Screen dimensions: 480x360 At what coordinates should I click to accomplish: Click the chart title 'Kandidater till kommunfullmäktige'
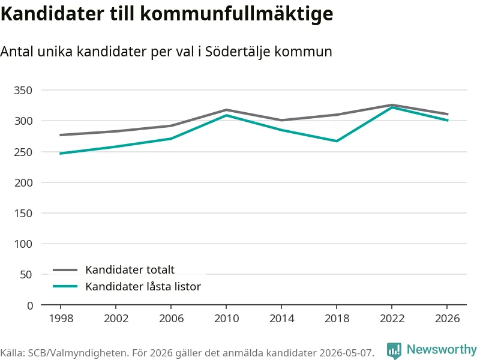point(167,14)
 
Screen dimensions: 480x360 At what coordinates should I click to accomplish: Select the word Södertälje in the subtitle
point(237,51)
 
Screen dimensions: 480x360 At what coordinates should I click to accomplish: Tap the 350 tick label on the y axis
point(23,91)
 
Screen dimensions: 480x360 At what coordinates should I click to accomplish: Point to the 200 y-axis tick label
point(23,182)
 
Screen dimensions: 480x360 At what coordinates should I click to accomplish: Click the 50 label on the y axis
point(26,275)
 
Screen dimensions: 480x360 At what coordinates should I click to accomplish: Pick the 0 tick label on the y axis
point(29,305)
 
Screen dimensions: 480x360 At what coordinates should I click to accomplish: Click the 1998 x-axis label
point(61,319)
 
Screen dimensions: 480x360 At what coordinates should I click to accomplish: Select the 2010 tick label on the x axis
point(227,319)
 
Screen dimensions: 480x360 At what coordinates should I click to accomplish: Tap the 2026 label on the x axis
point(447,319)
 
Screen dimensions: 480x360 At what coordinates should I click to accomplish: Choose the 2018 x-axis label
point(337,319)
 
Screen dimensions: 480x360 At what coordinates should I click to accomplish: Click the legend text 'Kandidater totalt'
point(130,269)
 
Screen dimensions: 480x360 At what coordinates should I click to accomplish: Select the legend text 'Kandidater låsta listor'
point(143,287)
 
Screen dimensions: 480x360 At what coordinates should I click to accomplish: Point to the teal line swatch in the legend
point(65,287)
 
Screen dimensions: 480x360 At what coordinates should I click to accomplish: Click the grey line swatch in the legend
point(65,270)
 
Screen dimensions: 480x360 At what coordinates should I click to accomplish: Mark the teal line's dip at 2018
point(337,141)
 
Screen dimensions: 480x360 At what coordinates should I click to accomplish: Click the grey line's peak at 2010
point(226,110)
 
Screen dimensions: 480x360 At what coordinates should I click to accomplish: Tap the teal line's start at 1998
point(61,154)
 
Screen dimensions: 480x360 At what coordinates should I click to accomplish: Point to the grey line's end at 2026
point(448,114)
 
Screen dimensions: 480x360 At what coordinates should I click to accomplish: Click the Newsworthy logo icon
point(394,350)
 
